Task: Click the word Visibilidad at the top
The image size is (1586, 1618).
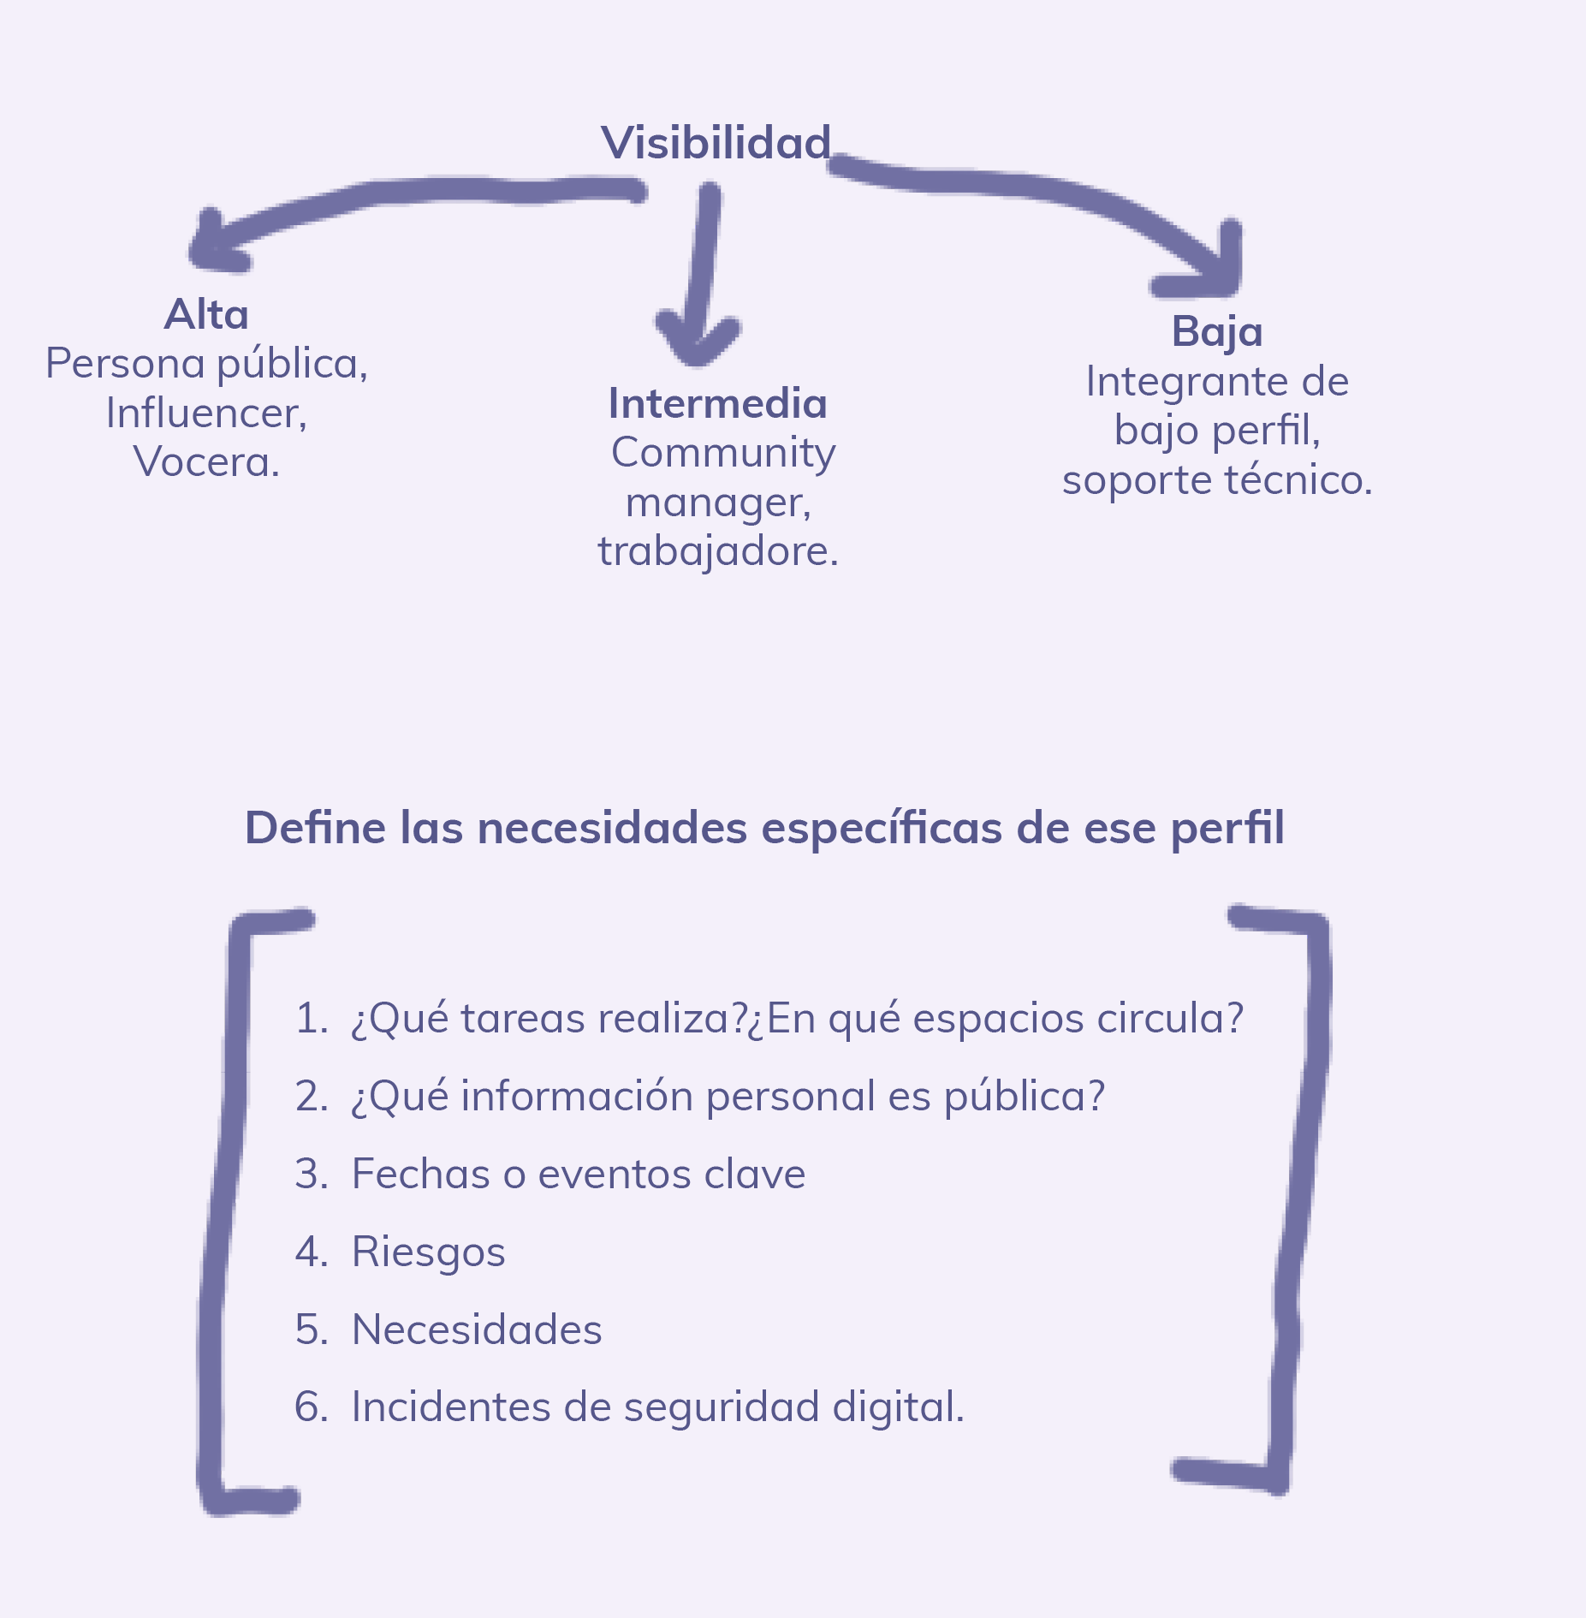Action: [716, 143]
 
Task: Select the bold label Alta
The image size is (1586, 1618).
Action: [206, 314]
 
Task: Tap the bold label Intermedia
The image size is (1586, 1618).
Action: [717, 403]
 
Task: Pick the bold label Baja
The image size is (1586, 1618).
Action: [1216, 331]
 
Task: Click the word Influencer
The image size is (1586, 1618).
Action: [205, 413]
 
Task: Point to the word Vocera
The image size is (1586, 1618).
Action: [205, 462]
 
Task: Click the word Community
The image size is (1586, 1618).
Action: [722, 453]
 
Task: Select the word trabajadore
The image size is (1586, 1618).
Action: [716, 550]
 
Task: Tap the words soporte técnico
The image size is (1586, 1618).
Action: [1216, 479]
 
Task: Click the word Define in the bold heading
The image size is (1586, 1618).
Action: [315, 828]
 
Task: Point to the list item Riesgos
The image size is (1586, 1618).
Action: [428, 1252]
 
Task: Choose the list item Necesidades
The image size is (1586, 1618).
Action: [477, 1330]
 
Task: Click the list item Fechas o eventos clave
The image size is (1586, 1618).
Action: [578, 1174]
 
